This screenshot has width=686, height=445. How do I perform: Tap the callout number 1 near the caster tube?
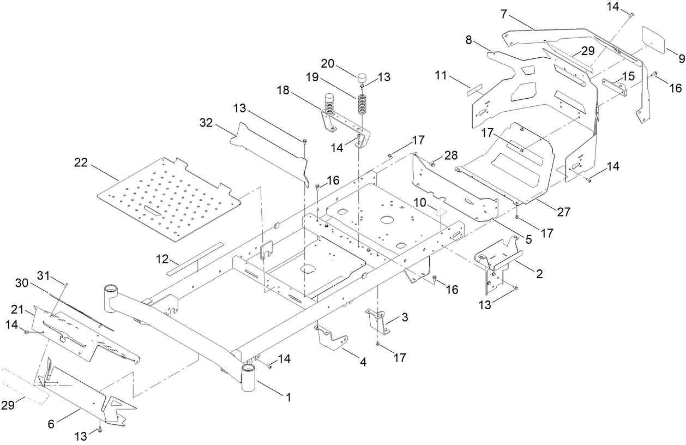coord(287,399)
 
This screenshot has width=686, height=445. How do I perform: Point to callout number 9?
coord(681,57)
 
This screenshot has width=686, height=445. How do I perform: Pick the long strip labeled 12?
coord(196,257)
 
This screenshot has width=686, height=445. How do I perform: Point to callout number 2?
coord(539,274)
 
